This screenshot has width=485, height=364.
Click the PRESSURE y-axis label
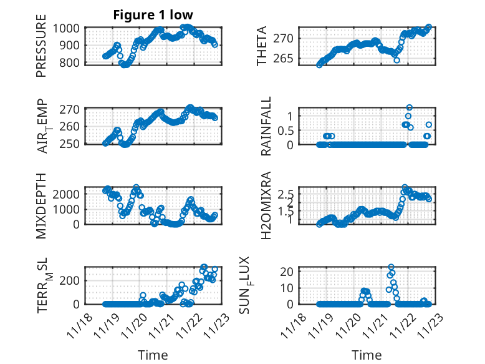coord(41,50)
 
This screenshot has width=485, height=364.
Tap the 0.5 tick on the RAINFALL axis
coord(286,130)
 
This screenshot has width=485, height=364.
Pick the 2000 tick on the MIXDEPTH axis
coord(67,194)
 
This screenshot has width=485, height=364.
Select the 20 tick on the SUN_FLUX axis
coord(287,272)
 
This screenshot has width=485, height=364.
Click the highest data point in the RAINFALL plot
coord(410,107)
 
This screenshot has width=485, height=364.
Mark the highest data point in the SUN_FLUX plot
coord(391,267)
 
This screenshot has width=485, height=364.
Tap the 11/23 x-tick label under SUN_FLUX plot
coord(428,325)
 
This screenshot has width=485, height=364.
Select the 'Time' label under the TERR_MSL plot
coord(153,355)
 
